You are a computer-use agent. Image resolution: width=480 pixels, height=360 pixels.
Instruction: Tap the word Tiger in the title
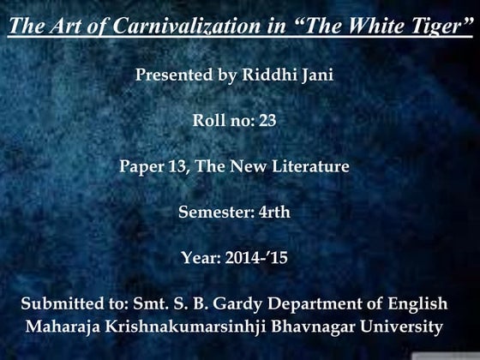tap(440, 27)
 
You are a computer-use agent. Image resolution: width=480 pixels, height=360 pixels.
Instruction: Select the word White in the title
tap(376, 27)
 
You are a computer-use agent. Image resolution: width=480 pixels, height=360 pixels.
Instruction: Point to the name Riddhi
tap(273, 75)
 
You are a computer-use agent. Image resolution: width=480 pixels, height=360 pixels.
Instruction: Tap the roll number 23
tap(267, 121)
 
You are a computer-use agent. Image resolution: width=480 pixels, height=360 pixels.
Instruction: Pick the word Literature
tap(309, 166)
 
